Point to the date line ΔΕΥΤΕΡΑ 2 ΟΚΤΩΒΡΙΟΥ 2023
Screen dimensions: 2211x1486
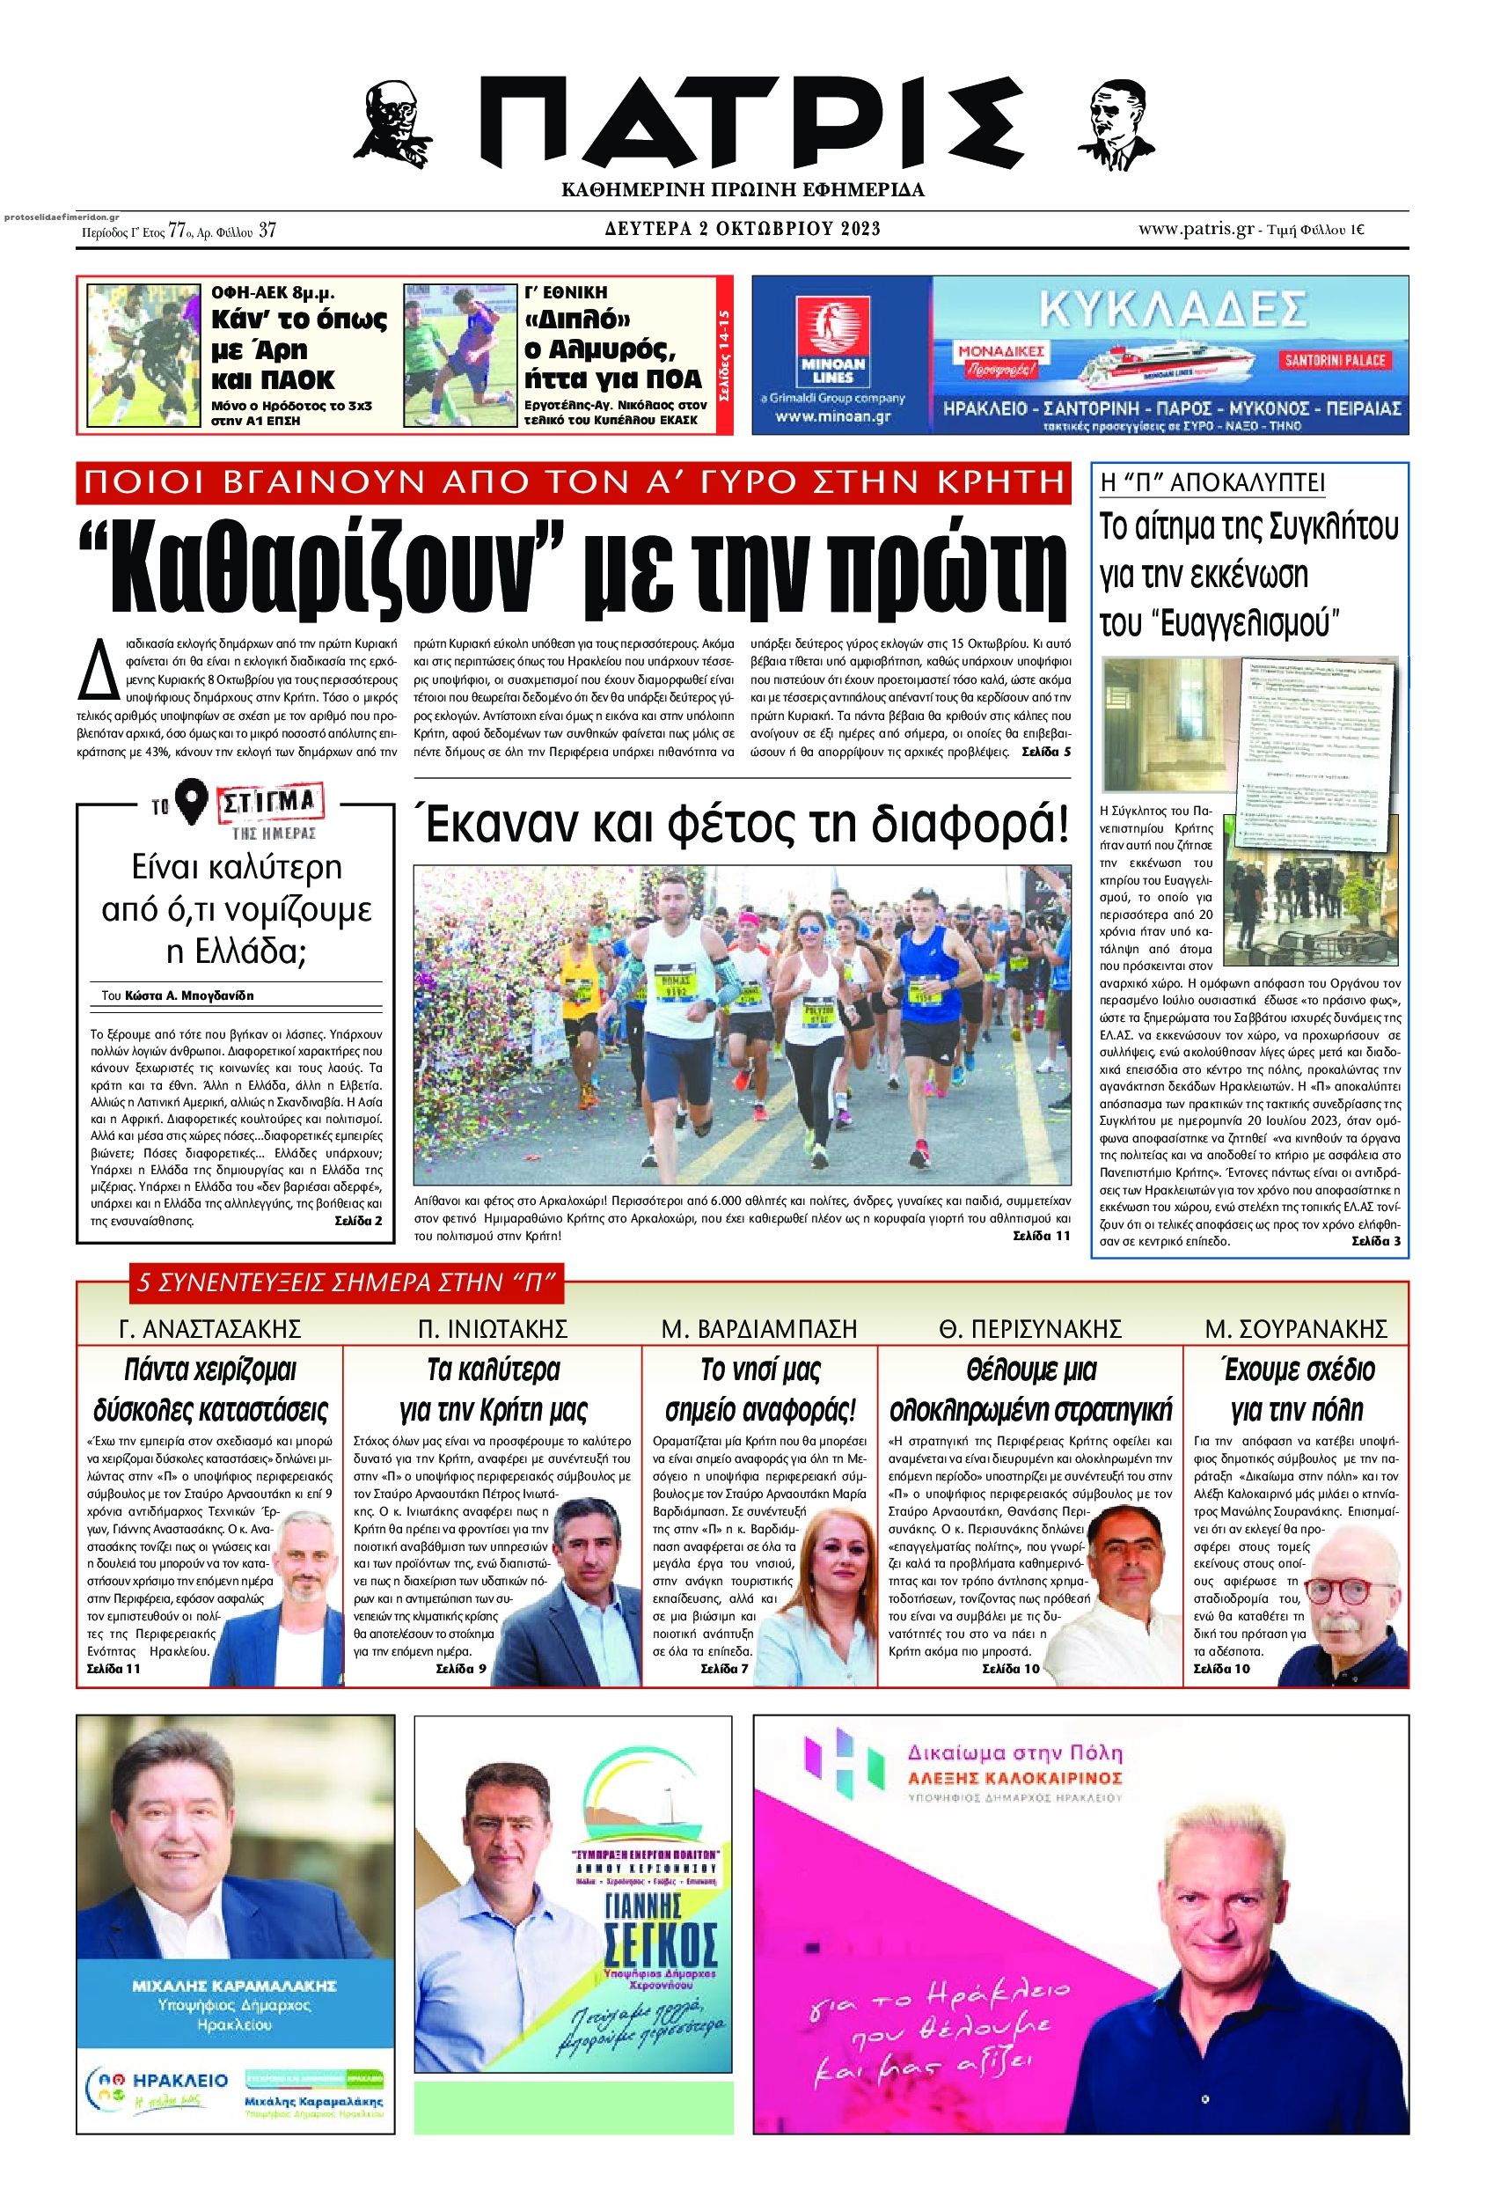(743, 229)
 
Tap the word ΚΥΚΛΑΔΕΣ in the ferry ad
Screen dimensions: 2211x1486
(1166, 309)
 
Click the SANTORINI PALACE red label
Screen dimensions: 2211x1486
(1336, 360)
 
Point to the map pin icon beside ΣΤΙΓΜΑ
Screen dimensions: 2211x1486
(195, 804)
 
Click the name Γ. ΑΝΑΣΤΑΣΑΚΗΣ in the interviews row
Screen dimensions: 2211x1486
(209, 1328)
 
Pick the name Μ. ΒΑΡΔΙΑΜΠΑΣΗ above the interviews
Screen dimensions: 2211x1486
(759, 1328)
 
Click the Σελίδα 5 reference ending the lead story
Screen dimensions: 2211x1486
(1046, 752)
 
